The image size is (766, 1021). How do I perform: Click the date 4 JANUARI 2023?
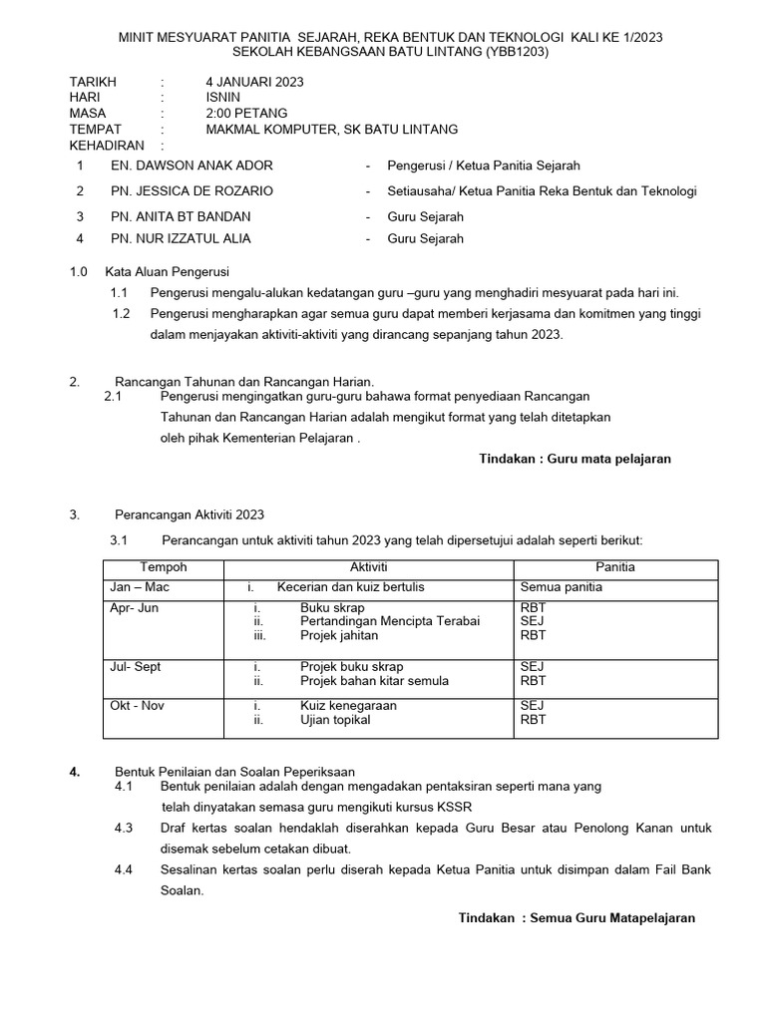point(254,82)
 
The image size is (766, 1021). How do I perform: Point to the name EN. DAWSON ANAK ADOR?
point(191,166)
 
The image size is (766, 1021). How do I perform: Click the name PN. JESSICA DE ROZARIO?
point(191,190)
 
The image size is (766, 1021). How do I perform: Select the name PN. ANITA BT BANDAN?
point(181,216)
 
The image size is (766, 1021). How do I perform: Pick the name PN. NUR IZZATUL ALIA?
point(181,238)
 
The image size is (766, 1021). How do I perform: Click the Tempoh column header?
point(164,567)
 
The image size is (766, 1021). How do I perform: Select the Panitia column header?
point(615,567)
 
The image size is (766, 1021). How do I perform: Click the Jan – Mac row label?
point(139,587)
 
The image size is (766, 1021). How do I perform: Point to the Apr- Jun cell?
point(134,607)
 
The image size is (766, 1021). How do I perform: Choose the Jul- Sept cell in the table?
point(135,667)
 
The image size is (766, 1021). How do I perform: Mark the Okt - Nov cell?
point(137,706)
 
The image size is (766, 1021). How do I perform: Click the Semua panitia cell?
point(561,587)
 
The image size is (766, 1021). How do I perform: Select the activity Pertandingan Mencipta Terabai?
point(389,621)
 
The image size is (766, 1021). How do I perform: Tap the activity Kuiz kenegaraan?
point(348,706)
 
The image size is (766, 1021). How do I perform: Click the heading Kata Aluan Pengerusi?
point(167,271)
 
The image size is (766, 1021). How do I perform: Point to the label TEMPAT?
point(95,130)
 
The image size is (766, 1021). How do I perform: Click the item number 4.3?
point(124,829)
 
